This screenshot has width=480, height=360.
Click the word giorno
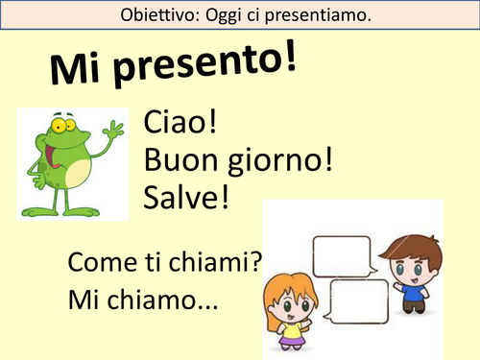pos(279,159)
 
